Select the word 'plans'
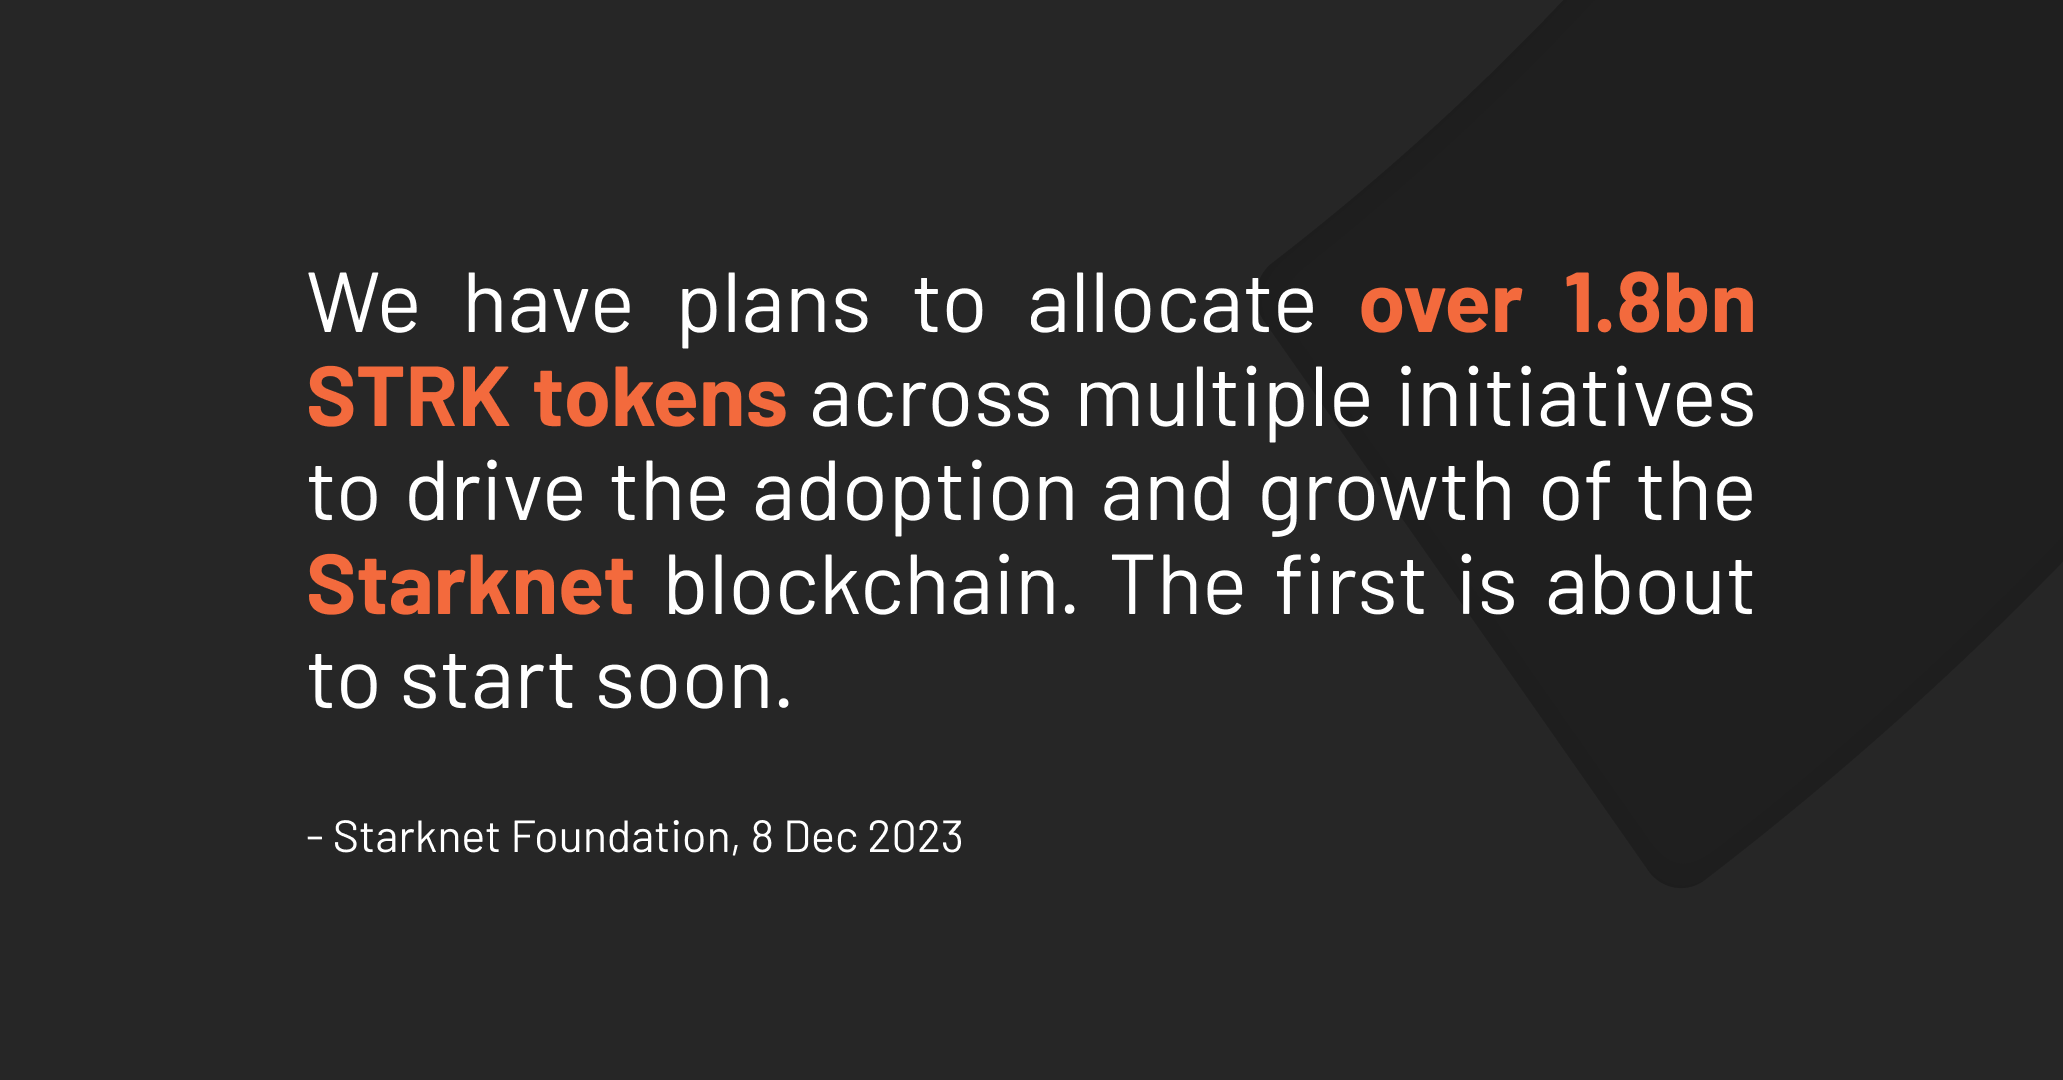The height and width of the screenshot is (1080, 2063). pos(774,306)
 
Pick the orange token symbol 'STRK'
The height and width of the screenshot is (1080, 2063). pos(408,397)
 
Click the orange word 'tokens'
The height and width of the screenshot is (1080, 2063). pos(661,397)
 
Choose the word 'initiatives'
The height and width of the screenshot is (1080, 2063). pos(1576,396)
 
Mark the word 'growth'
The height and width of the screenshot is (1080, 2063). pos(1387,495)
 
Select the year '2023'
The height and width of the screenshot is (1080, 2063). pos(916,837)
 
